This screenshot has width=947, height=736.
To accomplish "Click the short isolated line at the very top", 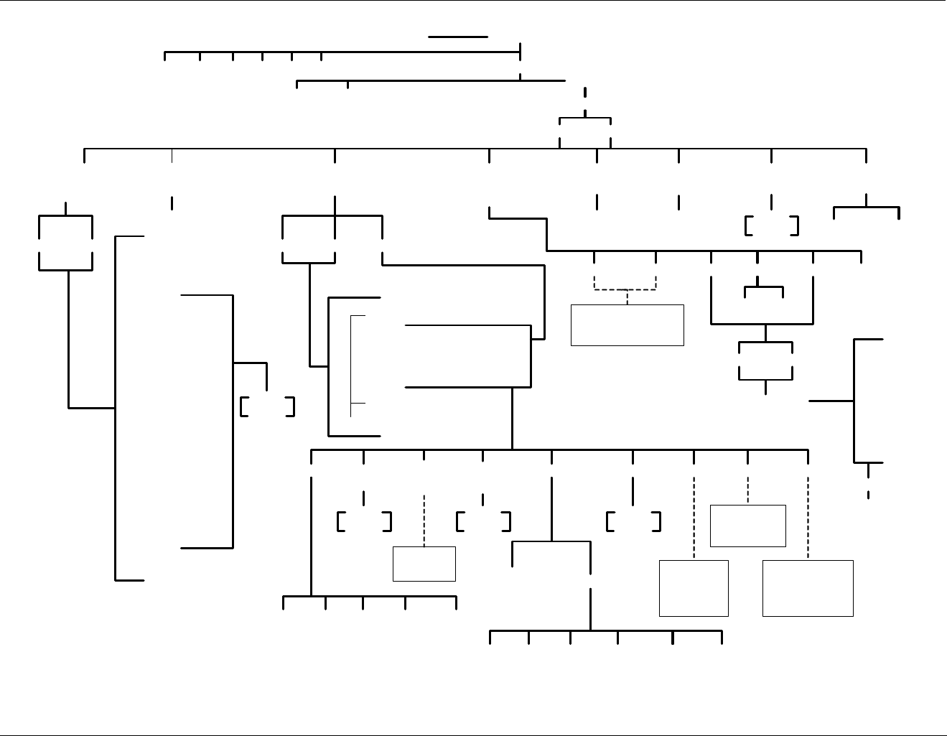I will tap(457, 36).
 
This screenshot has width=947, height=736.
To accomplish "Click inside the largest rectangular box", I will tap(808, 588).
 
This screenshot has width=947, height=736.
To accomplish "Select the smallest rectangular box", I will tap(424, 564).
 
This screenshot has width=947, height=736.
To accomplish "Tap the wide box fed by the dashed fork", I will tap(627, 325).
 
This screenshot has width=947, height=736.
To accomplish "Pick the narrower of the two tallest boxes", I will tap(694, 588).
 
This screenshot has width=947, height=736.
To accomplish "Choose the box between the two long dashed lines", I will tap(747, 526).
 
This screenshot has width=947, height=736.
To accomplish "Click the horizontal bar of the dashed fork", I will tap(625, 289).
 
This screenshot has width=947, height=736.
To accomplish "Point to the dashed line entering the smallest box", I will tap(424, 521).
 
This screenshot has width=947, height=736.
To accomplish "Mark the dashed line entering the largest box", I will tap(808, 517).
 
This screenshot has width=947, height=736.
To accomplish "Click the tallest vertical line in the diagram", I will tap(115, 407).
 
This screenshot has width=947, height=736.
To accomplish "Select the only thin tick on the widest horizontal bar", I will tap(172, 156).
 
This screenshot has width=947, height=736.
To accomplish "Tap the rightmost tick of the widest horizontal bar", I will tap(866, 156).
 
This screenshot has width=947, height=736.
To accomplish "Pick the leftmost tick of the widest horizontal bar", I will tap(85, 156).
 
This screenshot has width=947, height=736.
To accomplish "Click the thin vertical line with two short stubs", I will tap(351, 365).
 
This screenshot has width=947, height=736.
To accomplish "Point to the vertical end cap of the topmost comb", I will tap(520, 52).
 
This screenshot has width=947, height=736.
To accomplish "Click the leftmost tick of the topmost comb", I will tap(165, 56).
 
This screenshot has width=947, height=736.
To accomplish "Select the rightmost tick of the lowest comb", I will tap(722, 638).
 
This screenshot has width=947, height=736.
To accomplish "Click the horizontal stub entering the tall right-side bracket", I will tap(831, 401).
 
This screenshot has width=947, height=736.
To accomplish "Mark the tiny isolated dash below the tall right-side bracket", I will tap(868, 495).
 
